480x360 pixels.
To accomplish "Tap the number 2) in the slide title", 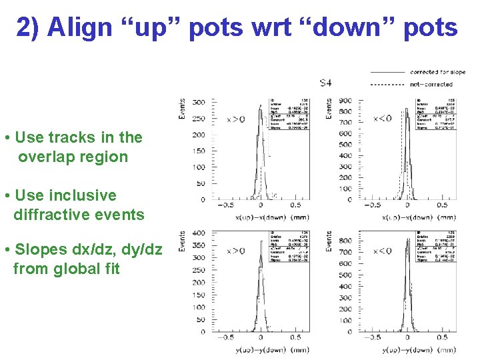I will point(29,27).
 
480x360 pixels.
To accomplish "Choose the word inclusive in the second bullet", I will point(83,195).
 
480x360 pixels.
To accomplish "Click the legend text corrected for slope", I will point(437,72).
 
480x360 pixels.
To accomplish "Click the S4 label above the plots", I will point(325,83).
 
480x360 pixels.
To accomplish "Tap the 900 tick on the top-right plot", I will point(345,101).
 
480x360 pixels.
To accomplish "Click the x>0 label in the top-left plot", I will point(235,120).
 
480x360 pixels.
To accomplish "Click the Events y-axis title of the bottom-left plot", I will point(182,241).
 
